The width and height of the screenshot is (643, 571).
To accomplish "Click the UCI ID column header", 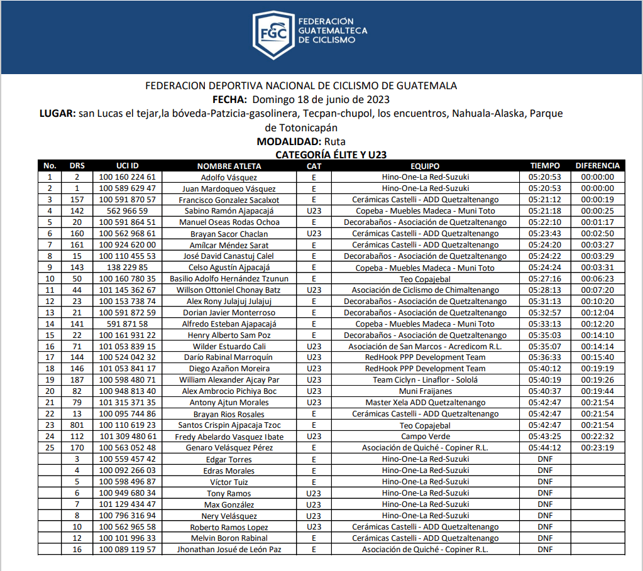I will (128, 166).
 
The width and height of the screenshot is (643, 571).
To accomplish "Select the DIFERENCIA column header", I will (597, 166).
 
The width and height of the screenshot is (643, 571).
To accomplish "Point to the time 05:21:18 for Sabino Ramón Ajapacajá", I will (544, 211).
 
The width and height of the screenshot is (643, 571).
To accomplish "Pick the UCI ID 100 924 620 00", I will (128, 245).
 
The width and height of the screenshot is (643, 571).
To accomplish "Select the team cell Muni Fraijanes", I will (425, 391).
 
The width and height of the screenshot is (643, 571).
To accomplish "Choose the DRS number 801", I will (77, 425).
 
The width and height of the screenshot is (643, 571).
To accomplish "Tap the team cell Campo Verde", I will (425, 437).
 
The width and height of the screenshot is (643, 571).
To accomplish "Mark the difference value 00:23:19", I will (597, 448).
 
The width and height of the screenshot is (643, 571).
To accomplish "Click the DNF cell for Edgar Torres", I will (544, 459).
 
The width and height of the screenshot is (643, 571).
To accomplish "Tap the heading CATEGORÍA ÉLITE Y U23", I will (331, 154).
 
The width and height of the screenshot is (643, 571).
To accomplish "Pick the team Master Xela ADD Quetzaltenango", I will (425, 403).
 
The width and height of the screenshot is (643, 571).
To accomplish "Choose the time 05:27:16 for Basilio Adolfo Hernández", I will (544, 279).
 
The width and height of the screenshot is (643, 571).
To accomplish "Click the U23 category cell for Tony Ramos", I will (314, 493).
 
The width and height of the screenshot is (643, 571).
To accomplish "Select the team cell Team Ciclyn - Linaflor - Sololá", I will (425, 380).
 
